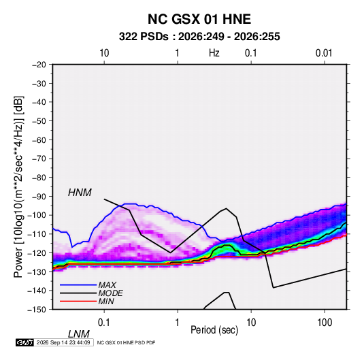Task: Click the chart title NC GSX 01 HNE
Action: (x=199, y=19)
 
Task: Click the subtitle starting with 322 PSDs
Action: (x=199, y=37)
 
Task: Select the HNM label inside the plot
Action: (x=80, y=193)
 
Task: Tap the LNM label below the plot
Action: (x=79, y=334)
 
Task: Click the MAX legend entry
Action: (x=107, y=284)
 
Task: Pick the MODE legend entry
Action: (x=110, y=293)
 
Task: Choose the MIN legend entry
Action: (x=106, y=301)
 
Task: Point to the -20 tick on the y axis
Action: (x=39, y=65)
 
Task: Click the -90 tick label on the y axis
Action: (x=39, y=196)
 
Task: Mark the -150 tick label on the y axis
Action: (x=37, y=310)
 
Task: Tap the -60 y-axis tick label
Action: (x=39, y=140)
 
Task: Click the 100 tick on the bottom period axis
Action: (x=325, y=323)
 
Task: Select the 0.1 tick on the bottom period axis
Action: (x=104, y=323)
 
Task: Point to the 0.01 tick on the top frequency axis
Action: (x=324, y=53)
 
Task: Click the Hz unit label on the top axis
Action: (x=214, y=53)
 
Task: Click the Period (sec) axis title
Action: (x=214, y=330)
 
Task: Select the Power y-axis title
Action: (x=18, y=187)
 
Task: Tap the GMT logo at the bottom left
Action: (x=24, y=342)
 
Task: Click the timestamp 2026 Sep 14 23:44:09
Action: (x=63, y=342)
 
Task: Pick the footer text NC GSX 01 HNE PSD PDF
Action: (x=126, y=343)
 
